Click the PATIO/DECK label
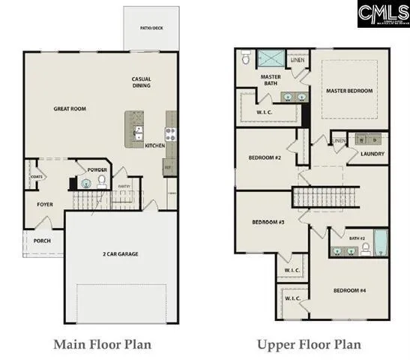coord(152,28)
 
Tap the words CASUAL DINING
coord(142,82)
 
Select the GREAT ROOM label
coord(70,109)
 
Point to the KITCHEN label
coord(154,145)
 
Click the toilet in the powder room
coord(85,182)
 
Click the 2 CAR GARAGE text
coord(120,253)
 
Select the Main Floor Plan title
coord(102,344)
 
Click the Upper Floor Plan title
coord(309,344)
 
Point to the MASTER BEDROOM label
coord(349,91)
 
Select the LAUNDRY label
coord(372,154)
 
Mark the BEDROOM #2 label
coord(265,158)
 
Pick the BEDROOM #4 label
coord(349,290)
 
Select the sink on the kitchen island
coord(139,133)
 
